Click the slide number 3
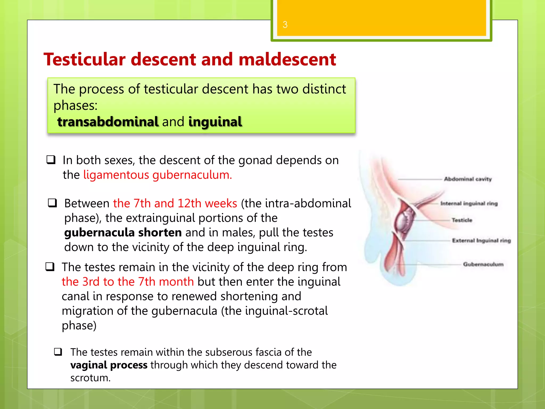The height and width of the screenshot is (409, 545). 285,24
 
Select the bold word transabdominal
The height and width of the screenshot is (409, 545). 108,122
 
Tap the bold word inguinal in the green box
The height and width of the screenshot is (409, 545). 215,122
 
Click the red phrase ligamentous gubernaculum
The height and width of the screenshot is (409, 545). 158,175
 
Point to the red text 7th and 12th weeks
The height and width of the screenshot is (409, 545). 175,203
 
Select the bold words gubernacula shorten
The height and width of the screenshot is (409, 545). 123,232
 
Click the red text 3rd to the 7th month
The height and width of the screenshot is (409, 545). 128,282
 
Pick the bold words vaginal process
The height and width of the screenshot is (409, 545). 109,365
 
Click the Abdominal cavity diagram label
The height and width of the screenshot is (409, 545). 468,179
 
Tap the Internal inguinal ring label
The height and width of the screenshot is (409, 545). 469,203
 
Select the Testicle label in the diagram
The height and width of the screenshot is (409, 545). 462,220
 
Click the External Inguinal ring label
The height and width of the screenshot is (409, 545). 481,241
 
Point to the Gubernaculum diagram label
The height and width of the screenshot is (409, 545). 483,264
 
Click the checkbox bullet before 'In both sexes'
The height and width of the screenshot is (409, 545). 51,160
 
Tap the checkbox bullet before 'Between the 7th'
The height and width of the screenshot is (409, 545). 52,203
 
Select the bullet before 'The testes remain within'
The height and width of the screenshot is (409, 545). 58,352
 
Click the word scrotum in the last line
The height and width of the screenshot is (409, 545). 90,378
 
